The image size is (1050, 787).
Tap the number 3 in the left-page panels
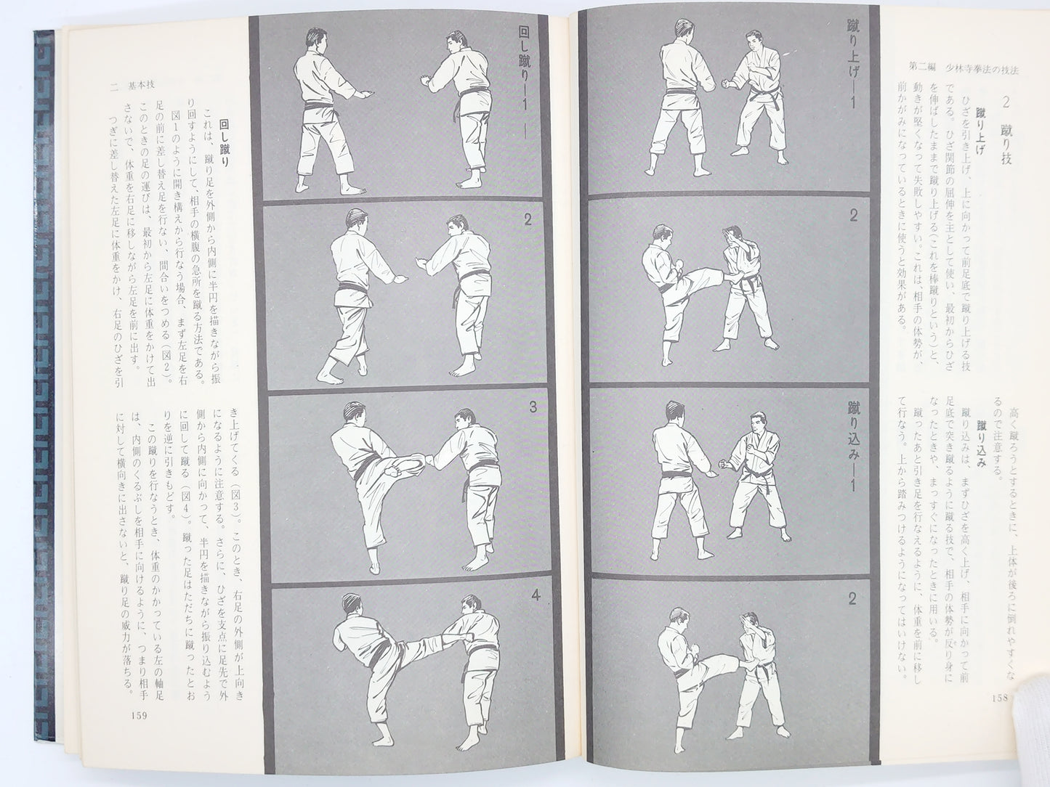[533, 408]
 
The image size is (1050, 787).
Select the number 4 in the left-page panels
[534, 598]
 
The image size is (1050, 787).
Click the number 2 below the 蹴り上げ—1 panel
[853, 216]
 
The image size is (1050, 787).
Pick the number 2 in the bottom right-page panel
[853, 599]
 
